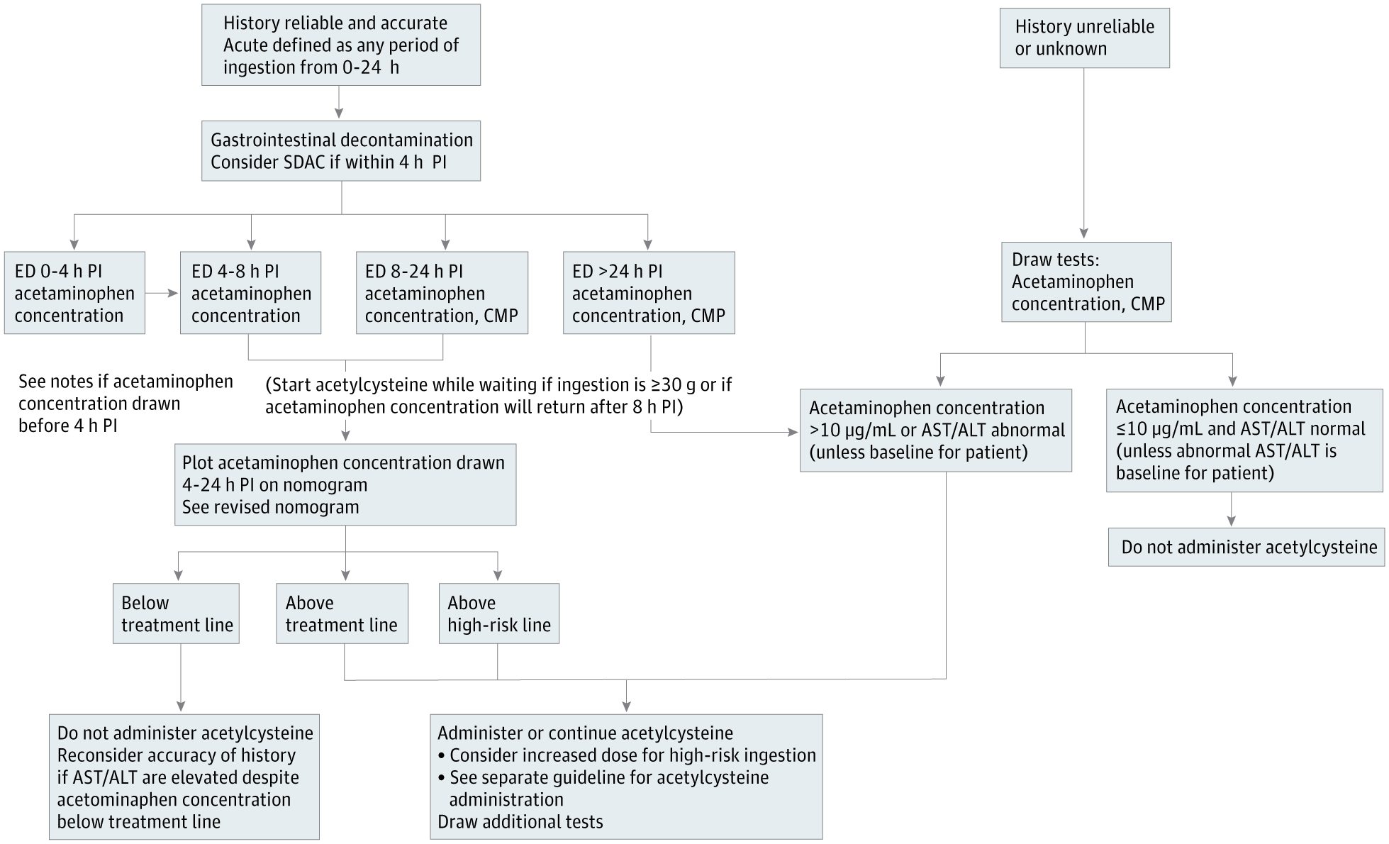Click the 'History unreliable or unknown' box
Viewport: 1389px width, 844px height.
[x=1084, y=38]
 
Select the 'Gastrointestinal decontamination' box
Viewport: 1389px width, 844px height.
[x=341, y=151]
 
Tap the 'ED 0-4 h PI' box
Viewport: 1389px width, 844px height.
[x=74, y=293]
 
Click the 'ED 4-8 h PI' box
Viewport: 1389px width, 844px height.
[x=250, y=293]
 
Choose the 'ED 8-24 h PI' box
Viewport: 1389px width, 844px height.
[x=442, y=293]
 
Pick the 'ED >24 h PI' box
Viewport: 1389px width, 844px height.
[x=649, y=293]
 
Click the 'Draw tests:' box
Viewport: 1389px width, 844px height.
[x=1086, y=282]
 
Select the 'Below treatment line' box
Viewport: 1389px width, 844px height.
[x=176, y=613]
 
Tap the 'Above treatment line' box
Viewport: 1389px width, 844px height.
[x=342, y=613]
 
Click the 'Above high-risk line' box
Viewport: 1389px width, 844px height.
[x=498, y=613]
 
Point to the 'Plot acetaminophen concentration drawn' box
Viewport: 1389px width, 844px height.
[x=345, y=484]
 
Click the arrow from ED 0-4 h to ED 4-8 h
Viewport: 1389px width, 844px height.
[x=162, y=292]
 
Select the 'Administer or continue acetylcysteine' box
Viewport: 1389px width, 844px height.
[x=626, y=777]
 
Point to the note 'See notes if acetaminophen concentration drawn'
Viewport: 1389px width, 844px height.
[x=125, y=403]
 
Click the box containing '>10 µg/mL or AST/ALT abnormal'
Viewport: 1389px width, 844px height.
[x=936, y=431]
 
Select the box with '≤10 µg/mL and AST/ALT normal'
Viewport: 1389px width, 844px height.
[x=1244, y=440]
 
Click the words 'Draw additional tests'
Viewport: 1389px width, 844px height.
[x=520, y=822]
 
